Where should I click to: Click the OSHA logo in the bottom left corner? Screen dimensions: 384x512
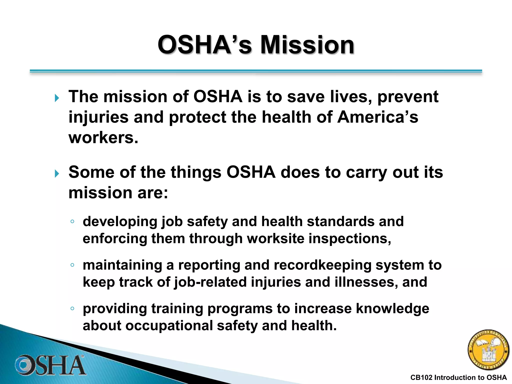50,365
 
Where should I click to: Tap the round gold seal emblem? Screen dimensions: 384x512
488,350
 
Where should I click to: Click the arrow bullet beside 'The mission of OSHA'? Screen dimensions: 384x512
57,98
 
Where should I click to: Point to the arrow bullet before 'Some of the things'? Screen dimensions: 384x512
57,173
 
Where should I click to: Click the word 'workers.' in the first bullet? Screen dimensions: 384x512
103,138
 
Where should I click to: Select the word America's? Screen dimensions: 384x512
377,117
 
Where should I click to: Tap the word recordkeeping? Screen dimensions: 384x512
322,265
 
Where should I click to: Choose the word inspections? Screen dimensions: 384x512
350,238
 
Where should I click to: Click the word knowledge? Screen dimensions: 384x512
392,309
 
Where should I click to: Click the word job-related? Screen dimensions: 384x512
210,282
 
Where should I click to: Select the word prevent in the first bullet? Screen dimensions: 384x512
408,97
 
